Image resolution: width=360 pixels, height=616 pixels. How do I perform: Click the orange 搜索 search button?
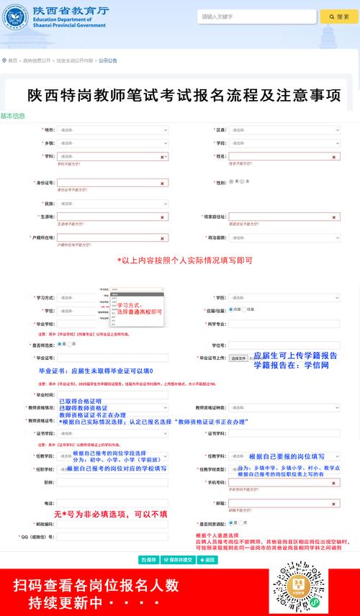point(339,17)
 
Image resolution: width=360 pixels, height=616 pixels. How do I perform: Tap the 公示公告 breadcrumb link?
point(108,60)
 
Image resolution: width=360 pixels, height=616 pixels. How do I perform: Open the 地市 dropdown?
point(113,130)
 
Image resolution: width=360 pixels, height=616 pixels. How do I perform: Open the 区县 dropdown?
point(284,130)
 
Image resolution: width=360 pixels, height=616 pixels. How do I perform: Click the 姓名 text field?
point(284,156)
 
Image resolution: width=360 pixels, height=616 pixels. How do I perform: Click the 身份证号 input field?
point(113,183)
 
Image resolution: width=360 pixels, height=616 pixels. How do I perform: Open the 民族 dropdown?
point(113,204)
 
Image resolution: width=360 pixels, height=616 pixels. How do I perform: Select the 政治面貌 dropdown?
point(284,237)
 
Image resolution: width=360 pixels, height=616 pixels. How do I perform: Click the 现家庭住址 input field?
point(284,217)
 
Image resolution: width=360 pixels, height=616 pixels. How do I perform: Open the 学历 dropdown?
point(284,298)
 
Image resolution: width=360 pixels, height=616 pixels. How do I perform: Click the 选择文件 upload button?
point(238,358)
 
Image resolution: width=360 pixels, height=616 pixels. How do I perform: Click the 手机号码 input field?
point(284,482)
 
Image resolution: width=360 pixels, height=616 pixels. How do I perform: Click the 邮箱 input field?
point(284,503)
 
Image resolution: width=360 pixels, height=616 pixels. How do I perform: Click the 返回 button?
point(207,559)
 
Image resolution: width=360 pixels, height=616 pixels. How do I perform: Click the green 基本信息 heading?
point(13,116)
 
